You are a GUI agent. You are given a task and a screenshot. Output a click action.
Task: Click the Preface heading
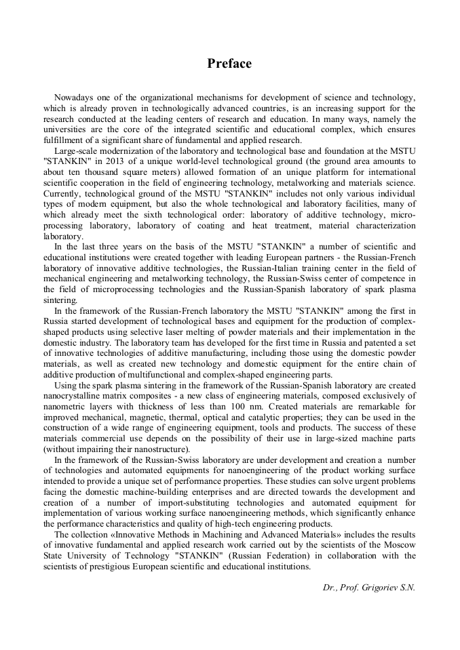[229, 64]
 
